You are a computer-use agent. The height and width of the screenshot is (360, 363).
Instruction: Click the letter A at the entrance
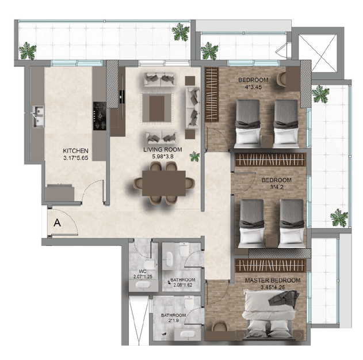click(x=57, y=222)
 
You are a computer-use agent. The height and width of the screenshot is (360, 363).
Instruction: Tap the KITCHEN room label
click(x=75, y=151)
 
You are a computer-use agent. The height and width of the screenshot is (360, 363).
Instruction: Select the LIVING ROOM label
click(x=163, y=150)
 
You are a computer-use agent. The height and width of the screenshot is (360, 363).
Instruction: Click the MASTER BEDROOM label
click(x=273, y=281)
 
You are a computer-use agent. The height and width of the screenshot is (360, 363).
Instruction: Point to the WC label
click(x=143, y=271)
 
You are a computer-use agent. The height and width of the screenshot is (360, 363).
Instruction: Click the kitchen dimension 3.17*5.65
click(x=75, y=158)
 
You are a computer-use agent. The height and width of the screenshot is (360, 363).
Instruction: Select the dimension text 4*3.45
click(x=253, y=87)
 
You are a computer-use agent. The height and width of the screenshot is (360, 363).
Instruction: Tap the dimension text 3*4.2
click(x=276, y=187)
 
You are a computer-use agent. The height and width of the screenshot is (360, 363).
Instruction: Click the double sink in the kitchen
click(x=38, y=116)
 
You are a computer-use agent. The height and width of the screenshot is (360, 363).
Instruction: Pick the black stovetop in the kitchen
click(x=100, y=116)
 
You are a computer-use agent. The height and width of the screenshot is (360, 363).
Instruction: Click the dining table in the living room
click(x=164, y=183)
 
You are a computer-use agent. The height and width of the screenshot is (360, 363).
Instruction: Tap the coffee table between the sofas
click(x=156, y=108)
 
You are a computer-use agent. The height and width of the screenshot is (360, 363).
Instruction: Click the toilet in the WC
click(x=150, y=264)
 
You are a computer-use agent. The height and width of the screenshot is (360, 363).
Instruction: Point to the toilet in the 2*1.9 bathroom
click(x=189, y=302)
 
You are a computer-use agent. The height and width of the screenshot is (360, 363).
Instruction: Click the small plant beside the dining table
click(x=194, y=157)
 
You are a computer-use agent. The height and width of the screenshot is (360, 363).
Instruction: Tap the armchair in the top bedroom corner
click(x=281, y=79)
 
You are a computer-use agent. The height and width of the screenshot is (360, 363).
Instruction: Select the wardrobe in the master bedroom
click(x=270, y=266)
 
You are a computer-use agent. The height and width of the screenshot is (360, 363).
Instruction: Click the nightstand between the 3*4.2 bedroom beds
click(x=272, y=241)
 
